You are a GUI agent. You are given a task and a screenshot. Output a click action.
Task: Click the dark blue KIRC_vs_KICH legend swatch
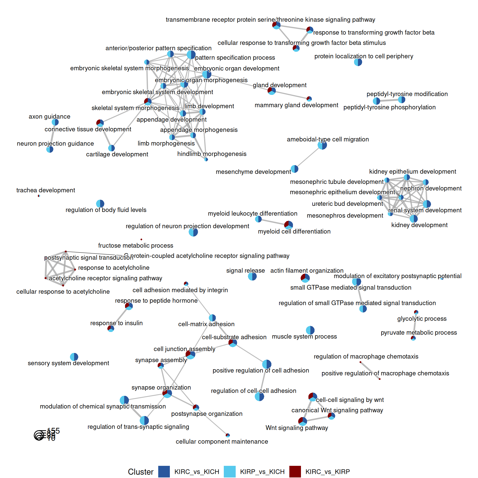[164, 471]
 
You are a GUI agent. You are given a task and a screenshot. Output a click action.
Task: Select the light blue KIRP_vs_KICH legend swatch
[230, 471]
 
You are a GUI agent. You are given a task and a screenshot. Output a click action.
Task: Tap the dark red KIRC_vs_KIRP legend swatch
[295, 471]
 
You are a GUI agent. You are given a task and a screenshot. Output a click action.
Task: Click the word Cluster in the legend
[141, 472]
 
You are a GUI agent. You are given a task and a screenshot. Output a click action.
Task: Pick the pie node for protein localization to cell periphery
[358, 62]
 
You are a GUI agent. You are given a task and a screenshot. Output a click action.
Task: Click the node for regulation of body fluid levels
[100, 204]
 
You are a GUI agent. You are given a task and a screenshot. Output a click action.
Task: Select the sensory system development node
[74, 357]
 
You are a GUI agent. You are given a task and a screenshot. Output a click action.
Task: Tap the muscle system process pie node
[310, 330]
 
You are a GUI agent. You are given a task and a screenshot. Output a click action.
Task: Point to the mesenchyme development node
[295, 169]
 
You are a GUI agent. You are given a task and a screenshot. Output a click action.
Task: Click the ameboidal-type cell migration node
[322, 145]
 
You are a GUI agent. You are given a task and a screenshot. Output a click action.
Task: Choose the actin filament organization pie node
[305, 278]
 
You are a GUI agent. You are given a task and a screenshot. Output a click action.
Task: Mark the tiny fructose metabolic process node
[141, 239]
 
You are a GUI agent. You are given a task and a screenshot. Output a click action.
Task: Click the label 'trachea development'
[46, 190]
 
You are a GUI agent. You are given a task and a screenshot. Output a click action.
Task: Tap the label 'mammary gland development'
[296, 105]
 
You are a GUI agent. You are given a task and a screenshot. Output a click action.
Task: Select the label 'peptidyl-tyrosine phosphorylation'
[389, 107]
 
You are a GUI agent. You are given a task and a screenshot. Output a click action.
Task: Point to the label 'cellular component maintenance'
[222, 441]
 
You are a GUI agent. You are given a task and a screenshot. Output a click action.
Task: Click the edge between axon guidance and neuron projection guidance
[53, 136]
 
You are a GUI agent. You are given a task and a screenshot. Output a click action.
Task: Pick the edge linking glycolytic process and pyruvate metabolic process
[415, 325]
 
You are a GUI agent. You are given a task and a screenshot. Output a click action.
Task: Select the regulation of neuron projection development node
[193, 232]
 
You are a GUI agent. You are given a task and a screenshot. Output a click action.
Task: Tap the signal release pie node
[252, 276]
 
